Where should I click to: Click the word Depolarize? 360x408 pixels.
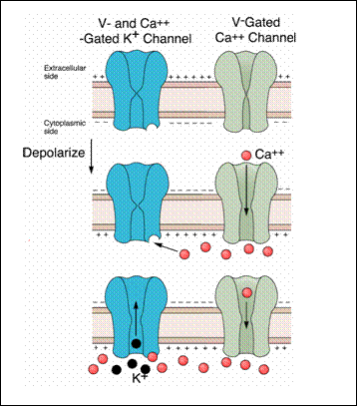[54, 153]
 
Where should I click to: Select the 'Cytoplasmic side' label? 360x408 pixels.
[60, 127]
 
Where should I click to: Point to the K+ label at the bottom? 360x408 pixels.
[140, 378]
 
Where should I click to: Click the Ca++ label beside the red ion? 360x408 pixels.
[268, 155]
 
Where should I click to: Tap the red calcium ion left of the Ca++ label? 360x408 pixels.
[246, 155]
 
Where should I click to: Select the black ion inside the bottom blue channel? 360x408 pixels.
[136, 343]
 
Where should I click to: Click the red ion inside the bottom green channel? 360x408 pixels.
[246, 292]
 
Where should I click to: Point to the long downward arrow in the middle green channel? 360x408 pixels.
[246, 190]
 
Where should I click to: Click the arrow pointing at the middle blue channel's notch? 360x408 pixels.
[167, 247]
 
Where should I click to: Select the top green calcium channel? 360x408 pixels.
[246, 91]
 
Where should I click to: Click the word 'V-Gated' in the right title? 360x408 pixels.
[255, 23]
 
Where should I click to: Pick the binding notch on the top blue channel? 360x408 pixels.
[153, 127]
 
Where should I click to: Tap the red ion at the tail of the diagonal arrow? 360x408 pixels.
[183, 254]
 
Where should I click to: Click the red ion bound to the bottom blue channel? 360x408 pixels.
[153, 357]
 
